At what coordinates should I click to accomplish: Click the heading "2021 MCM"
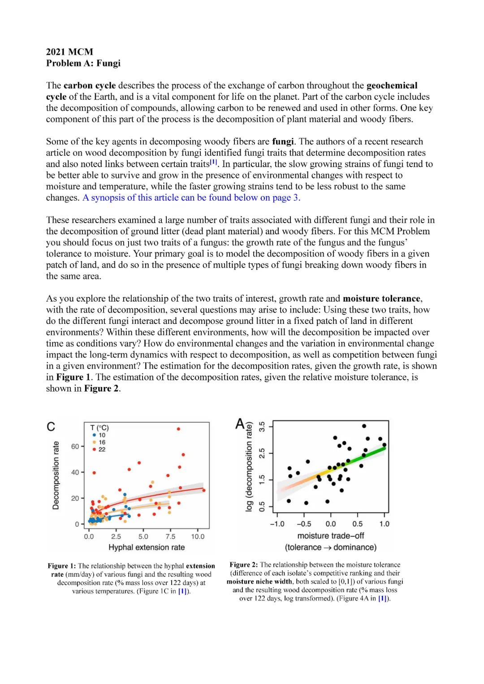pos(69,52)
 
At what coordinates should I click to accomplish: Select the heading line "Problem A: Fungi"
pos(83,63)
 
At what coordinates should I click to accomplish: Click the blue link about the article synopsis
pos(191,198)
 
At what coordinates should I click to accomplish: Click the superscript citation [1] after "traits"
pos(214,162)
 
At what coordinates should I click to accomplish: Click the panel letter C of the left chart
pos(51,427)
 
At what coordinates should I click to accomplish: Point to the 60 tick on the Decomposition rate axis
pos(75,447)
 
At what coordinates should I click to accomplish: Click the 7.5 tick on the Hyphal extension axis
pos(170,536)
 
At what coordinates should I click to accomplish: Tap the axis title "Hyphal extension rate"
pos(147,547)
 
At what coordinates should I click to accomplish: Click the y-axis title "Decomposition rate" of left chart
pos(56,475)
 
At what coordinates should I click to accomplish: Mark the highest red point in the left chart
pos(178,429)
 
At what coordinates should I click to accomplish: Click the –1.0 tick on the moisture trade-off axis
pos(277,524)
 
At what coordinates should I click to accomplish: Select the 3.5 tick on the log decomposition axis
pos(262,426)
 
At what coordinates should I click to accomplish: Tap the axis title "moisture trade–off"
pos(330,536)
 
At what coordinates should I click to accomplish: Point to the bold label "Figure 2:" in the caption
pos(244,565)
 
